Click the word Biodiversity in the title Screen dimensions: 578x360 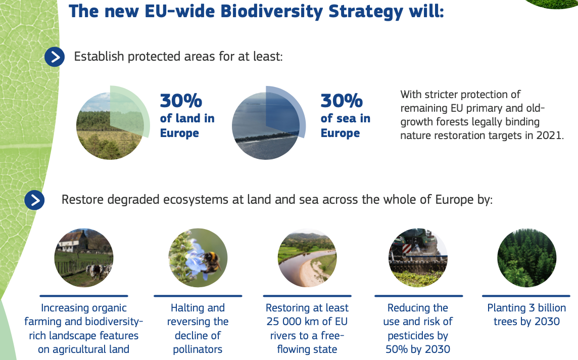(x=271, y=12)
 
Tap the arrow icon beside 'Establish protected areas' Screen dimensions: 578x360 (x=55, y=57)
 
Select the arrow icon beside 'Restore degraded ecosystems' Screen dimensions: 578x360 (x=35, y=200)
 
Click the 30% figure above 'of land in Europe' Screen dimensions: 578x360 (x=181, y=101)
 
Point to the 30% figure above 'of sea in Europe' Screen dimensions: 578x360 (x=342, y=101)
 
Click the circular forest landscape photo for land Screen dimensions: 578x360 (x=110, y=126)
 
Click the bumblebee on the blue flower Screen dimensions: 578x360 (x=211, y=261)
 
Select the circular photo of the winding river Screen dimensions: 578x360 (x=307, y=258)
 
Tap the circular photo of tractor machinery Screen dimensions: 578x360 (x=418, y=258)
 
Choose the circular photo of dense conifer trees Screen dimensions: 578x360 (x=527, y=258)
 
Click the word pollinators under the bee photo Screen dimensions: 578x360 (x=198, y=350)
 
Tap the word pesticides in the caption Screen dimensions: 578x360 (x=418, y=336)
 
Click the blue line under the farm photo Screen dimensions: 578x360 (x=84, y=296)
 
